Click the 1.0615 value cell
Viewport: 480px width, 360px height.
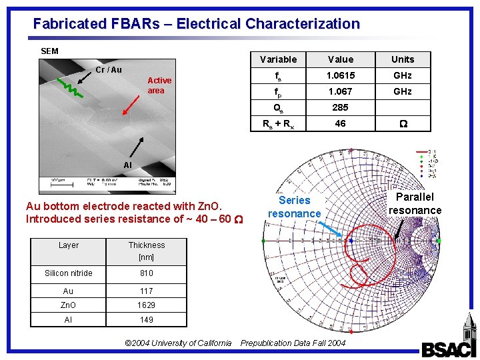pyautogui.click(x=341, y=76)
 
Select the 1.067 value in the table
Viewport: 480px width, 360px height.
pyautogui.click(x=341, y=91)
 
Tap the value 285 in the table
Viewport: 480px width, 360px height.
pyautogui.click(x=341, y=107)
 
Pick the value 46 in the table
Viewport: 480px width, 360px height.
pyautogui.click(x=341, y=123)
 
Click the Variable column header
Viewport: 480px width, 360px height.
pyautogui.click(x=278, y=59)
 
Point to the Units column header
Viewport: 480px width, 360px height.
pyautogui.click(x=403, y=59)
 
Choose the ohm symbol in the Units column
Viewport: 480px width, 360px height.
pyautogui.click(x=402, y=123)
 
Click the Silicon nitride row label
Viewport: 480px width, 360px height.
pyautogui.click(x=69, y=273)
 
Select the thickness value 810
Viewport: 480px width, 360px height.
pyautogui.click(x=147, y=273)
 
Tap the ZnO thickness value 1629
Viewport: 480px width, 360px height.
pyautogui.click(x=147, y=305)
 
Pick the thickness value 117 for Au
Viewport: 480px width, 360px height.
pyautogui.click(x=147, y=291)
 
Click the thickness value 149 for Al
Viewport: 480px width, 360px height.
pyautogui.click(x=147, y=320)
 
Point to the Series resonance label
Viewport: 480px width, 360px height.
pyautogui.click(x=294, y=207)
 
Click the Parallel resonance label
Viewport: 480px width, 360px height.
pyautogui.click(x=415, y=203)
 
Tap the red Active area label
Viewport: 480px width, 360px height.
pyautogui.click(x=159, y=85)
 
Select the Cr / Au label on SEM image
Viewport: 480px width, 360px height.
pyautogui.click(x=109, y=70)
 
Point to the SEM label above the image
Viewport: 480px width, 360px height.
pyautogui.click(x=49, y=51)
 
